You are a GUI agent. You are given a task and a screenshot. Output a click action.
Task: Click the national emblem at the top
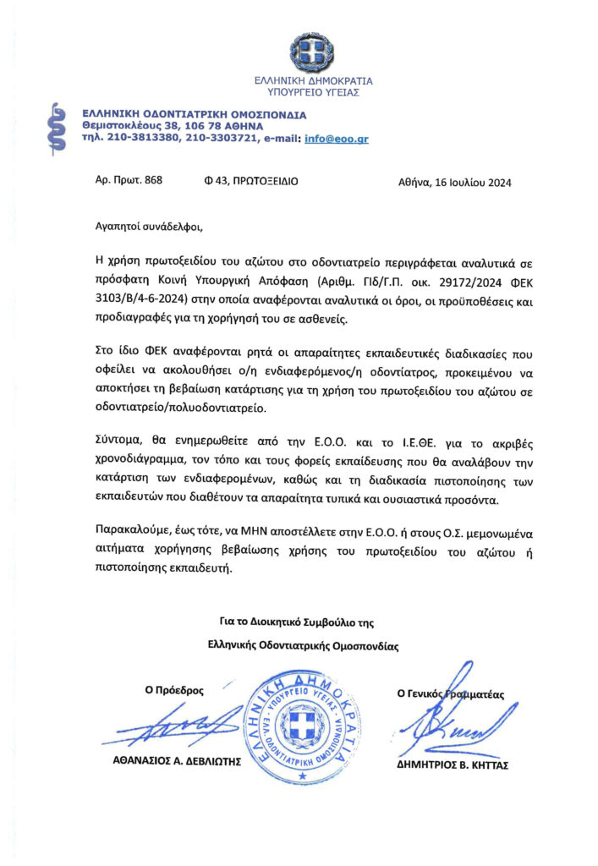313,53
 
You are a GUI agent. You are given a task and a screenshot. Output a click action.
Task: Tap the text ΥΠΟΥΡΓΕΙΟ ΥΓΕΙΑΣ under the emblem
314,92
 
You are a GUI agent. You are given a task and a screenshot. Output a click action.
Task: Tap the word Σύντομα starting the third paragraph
118,442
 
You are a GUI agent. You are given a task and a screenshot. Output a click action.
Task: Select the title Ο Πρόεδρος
174,690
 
